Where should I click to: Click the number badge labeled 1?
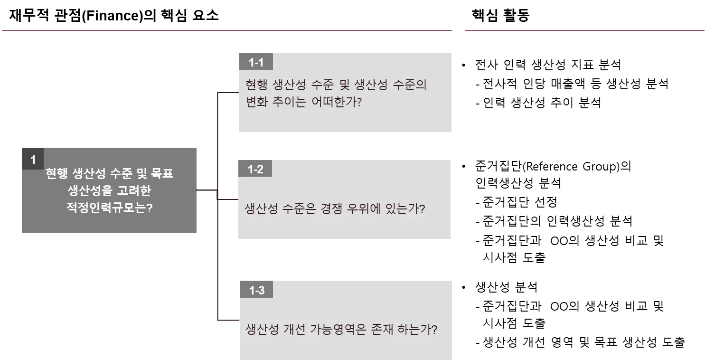coord(33,160)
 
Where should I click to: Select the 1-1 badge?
coord(256,62)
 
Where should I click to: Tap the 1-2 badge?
coord(255,169)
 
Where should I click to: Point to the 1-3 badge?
coord(256,290)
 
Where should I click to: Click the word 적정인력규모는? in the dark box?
coord(109,208)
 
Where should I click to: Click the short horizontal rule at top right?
coord(584,30)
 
